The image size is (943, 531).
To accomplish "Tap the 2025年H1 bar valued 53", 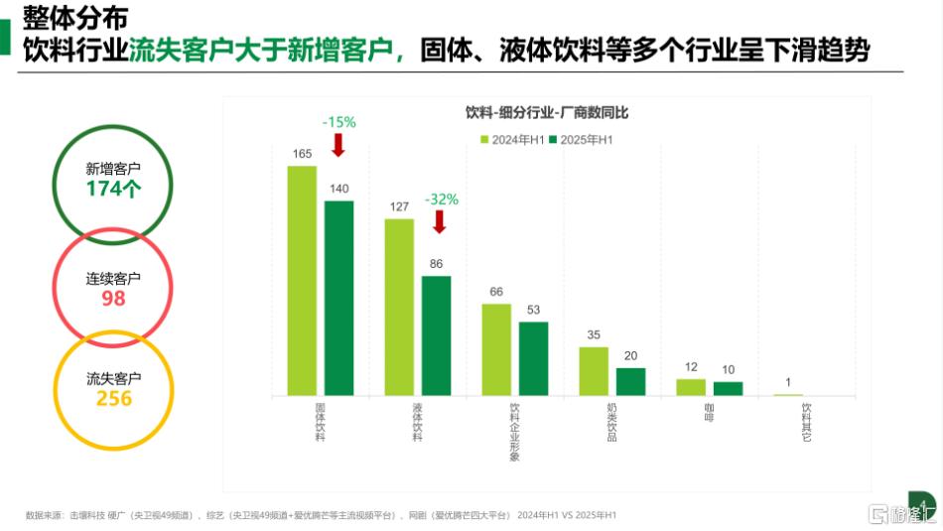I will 533,358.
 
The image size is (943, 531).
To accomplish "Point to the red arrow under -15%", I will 337,145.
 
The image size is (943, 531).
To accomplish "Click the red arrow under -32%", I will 440,221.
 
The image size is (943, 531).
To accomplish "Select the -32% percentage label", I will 442,199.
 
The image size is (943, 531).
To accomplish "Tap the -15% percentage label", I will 338,121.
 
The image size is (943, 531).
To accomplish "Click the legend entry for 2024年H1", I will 512,140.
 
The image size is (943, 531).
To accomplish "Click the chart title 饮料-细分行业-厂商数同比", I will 547,113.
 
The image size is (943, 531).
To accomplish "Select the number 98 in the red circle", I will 113,299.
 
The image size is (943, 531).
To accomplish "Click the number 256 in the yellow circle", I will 113,398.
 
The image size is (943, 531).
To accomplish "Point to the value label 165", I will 302,153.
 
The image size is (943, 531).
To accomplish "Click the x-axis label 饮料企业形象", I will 514,432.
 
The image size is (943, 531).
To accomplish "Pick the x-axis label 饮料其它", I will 806,422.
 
